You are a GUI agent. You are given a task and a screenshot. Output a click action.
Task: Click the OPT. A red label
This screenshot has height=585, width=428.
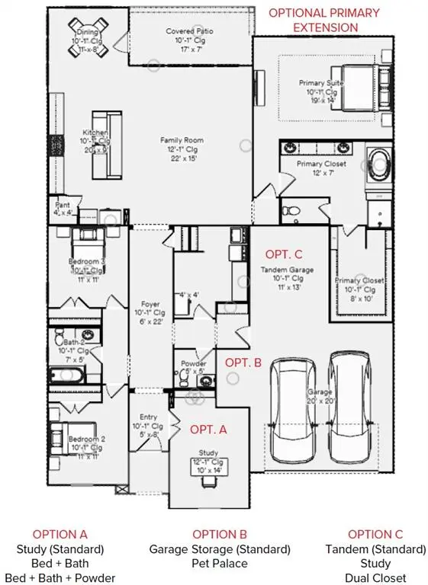click(208, 430)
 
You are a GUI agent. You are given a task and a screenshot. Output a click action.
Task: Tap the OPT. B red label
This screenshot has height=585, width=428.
click(243, 363)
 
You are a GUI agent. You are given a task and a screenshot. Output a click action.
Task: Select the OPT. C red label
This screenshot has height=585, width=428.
click(284, 254)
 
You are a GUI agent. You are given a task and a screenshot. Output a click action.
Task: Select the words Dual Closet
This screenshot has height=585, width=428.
click(375, 577)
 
